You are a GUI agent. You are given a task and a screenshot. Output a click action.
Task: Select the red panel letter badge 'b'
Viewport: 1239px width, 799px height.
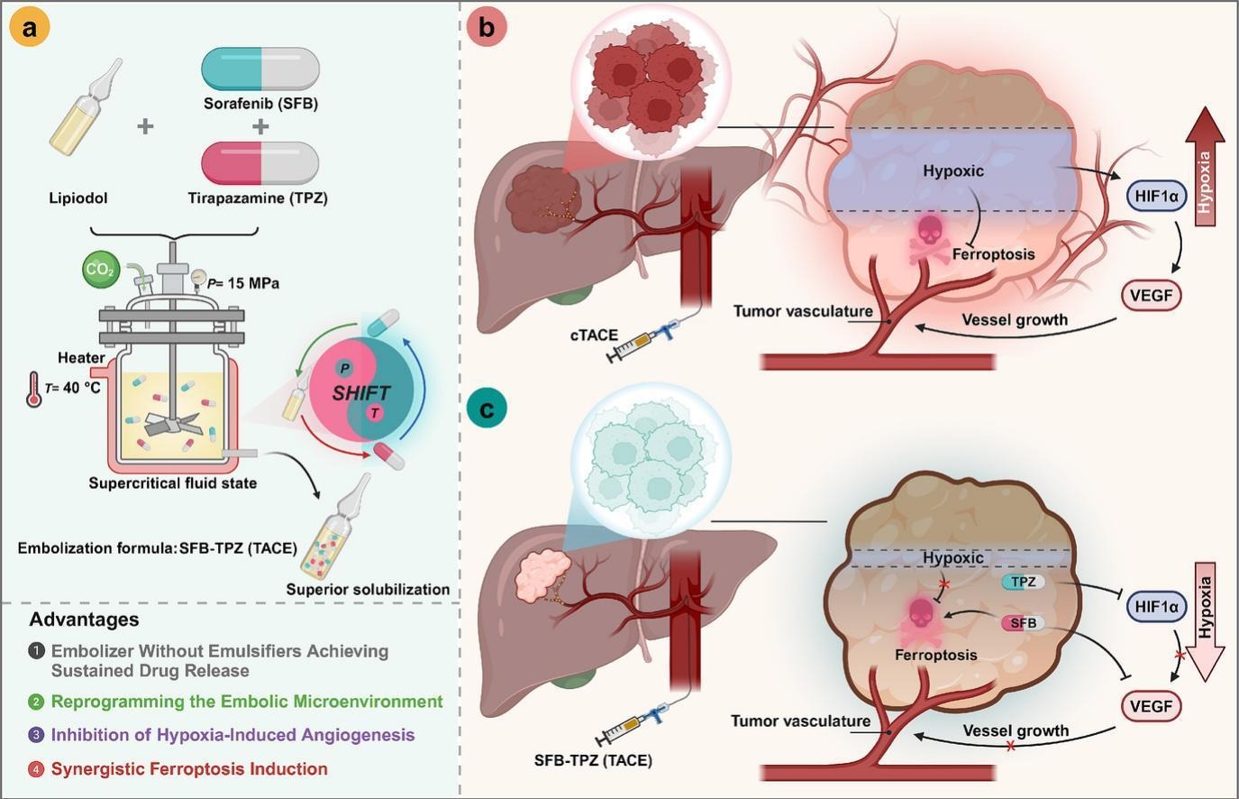point(487,27)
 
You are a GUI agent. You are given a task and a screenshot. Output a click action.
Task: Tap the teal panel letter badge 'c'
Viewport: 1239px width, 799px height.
point(487,409)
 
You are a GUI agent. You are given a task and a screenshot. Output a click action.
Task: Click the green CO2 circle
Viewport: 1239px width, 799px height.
point(99,269)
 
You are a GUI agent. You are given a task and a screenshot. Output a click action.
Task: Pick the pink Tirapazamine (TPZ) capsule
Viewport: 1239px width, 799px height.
point(260,163)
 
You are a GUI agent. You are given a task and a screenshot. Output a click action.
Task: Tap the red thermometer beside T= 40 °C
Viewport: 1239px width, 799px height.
point(34,390)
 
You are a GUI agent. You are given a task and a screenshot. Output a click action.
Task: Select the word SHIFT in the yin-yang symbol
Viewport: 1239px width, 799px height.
point(360,393)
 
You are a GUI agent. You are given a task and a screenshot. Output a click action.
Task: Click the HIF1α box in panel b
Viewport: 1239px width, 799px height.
point(1157,196)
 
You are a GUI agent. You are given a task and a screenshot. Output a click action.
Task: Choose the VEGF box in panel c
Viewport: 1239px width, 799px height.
point(1150,705)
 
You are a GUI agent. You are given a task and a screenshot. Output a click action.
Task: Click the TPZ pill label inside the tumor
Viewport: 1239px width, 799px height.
point(1023,582)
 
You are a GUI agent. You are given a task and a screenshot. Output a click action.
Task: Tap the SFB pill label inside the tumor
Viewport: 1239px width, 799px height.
point(1023,623)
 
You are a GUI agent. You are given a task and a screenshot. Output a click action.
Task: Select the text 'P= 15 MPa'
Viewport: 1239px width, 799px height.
point(242,283)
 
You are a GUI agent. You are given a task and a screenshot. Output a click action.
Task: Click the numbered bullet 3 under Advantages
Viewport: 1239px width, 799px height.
point(36,735)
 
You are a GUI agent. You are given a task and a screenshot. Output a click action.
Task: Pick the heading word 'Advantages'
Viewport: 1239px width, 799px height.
point(84,620)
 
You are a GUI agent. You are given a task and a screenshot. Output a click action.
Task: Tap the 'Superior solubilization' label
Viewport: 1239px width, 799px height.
point(368,590)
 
